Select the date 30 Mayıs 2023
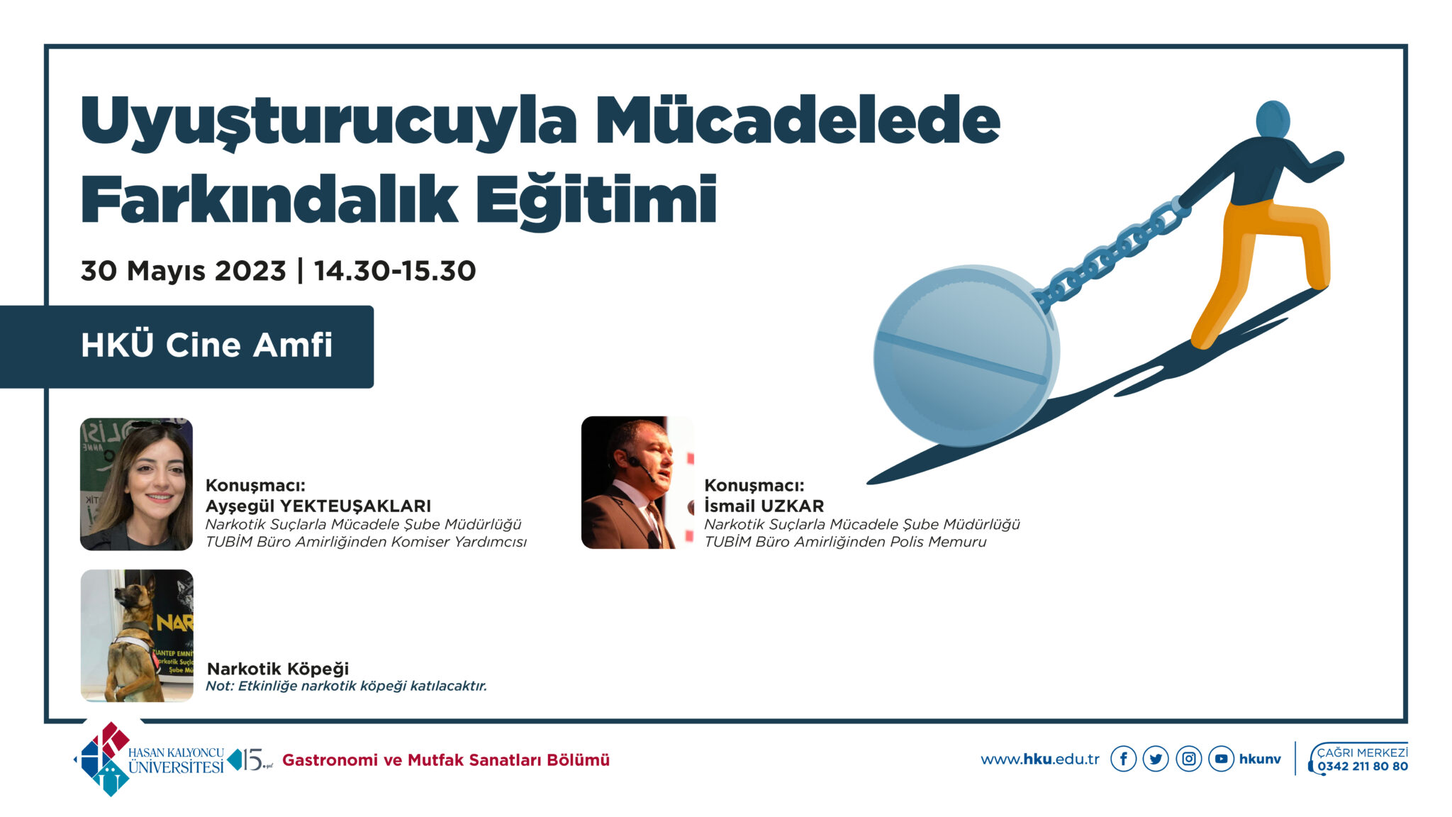point(183,271)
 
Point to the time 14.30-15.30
point(395,270)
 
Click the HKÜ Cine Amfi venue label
point(206,345)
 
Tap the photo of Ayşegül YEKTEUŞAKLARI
point(136,484)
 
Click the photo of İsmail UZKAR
point(637,482)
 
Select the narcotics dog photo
point(137,635)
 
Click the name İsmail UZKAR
point(764,506)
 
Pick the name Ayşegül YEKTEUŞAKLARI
point(318,506)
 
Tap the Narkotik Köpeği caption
point(278,669)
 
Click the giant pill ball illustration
point(966,356)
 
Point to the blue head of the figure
point(1273,119)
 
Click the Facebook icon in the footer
point(1123,759)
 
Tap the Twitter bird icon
point(1156,759)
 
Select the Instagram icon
point(1189,759)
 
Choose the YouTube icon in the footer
point(1222,759)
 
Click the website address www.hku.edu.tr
point(1040,760)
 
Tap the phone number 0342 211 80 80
point(1363,767)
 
